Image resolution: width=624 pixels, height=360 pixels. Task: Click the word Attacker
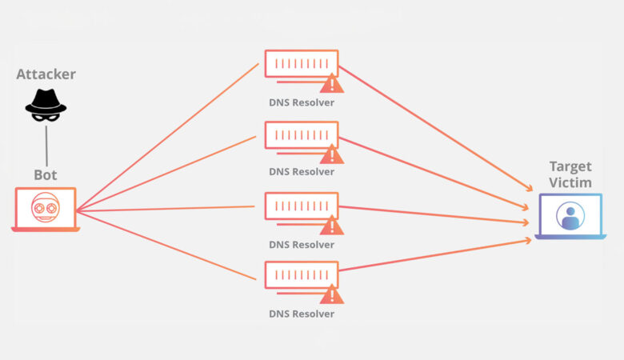(46, 74)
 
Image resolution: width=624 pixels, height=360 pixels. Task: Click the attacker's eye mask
(46, 115)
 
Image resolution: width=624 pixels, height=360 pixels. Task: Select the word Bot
(46, 174)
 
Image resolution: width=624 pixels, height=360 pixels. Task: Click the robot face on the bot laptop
(45, 208)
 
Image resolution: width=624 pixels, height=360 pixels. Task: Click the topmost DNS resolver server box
(301, 64)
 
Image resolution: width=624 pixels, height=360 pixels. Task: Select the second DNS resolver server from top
(301, 135)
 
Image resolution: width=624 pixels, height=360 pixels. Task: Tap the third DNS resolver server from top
(301, 206)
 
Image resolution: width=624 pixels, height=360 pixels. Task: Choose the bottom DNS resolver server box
(301, 275)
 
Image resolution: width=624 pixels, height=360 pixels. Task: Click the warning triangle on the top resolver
(331, 84)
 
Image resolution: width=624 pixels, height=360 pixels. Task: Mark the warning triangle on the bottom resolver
(331, 295)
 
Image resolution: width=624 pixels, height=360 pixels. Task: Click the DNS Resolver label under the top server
(302, 102)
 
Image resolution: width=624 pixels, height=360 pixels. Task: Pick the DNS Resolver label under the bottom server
(302, 314)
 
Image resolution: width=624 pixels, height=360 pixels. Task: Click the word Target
(570, 166)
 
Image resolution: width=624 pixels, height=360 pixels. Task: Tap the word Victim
(570, 182)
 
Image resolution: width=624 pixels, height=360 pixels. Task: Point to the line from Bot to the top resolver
(168, 135)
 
